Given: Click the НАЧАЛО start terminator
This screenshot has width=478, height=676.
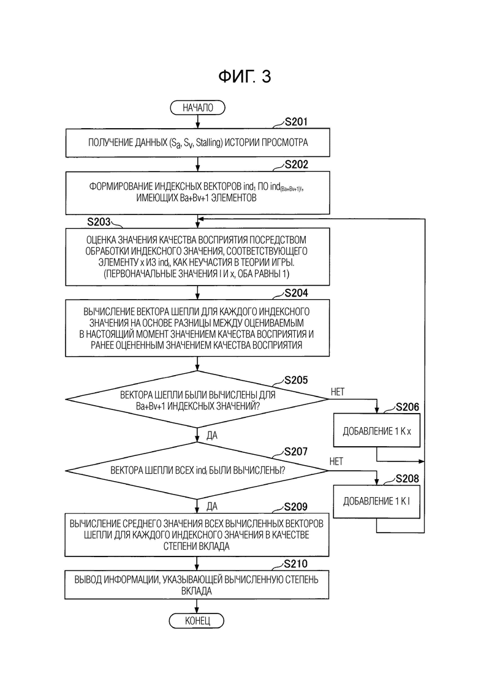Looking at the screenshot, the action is (198, 108).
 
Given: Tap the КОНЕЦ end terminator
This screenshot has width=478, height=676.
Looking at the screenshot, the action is (197, 621).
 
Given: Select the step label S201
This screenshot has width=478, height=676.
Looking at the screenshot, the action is (297, 122).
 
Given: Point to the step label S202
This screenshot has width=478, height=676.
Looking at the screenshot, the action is (297, 165).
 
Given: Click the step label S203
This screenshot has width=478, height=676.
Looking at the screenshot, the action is (99, 222).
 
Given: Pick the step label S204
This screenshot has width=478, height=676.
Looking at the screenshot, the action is (297, 293).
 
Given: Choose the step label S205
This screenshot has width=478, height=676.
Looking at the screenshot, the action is (296, 380).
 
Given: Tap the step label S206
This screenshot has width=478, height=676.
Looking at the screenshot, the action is (408, 407).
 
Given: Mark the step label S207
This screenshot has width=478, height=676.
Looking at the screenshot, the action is (296, 452).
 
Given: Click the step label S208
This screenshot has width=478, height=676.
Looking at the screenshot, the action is (408, 479).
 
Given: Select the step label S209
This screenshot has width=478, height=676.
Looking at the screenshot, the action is (296, 507).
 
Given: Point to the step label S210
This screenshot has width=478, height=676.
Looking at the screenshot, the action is (296, 564).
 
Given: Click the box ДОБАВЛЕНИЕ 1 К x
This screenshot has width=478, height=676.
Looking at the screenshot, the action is (377, 431).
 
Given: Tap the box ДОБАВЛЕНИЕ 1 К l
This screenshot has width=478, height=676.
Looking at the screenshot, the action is (377, 501).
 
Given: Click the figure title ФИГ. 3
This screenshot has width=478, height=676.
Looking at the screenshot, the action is (245, 77).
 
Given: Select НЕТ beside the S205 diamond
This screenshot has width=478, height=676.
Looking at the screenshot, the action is (338, 392).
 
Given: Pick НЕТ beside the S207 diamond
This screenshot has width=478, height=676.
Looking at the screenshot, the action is (336, 461).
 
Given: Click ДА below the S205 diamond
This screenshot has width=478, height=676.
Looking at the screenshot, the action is (212, 435).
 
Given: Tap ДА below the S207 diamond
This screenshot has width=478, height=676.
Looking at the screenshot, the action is (212, 506).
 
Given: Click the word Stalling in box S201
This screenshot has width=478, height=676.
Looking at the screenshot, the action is (208, 143).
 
